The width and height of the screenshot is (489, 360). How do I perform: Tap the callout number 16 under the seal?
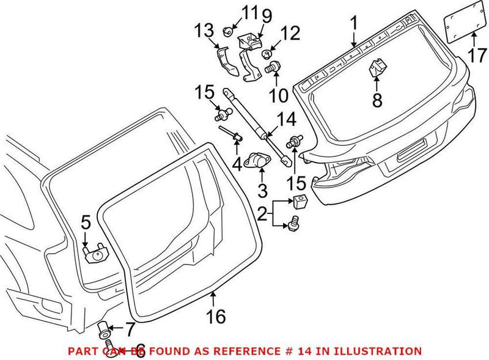tap(216, 316)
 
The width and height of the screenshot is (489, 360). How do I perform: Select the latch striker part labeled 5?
tap(95, 252)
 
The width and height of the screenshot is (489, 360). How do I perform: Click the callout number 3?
tap(262, 190)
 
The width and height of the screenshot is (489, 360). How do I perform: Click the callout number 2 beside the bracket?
tap(262, 214)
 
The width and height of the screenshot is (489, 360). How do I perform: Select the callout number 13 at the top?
tap(205, 30)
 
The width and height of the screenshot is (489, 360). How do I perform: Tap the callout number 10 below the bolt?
tap(278, 96)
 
